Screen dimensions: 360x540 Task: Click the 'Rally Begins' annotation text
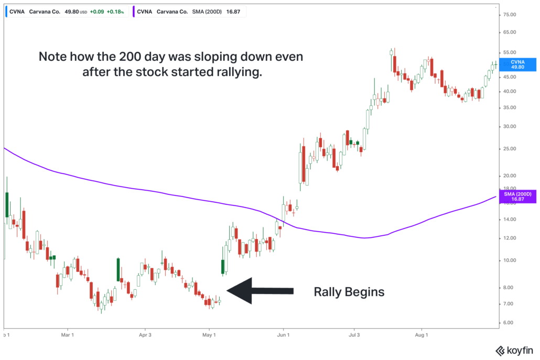349,292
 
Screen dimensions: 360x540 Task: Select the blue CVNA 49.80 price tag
517,64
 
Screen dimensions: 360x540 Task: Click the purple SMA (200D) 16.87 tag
517,197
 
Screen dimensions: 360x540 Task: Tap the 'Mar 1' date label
67,334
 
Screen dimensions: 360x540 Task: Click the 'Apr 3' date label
145,334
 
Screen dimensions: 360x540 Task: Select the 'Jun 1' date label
283,334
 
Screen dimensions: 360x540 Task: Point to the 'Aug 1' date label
422,334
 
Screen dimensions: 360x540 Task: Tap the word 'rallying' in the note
231,72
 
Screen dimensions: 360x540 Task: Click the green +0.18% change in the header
115,11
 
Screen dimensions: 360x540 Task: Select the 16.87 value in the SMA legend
233,11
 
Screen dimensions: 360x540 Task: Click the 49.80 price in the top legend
71,11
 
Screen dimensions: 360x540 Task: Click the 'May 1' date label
209,334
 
